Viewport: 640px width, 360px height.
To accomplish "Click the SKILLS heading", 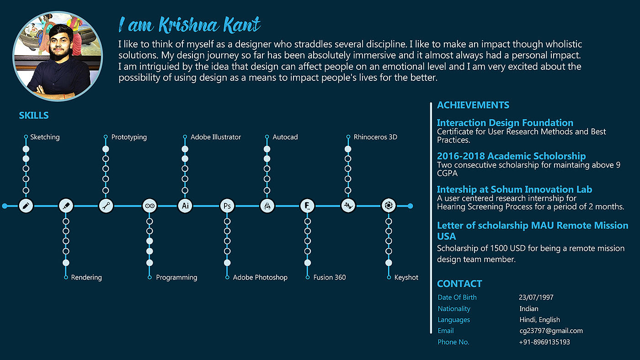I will click(33, 116).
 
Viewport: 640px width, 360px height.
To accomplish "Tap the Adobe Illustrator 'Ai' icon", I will click(185, 206).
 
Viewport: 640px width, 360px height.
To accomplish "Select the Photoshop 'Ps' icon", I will click(227, 206).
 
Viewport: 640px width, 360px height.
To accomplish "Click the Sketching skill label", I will click(45, 137).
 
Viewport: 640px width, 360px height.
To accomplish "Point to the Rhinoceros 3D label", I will click(375, 137).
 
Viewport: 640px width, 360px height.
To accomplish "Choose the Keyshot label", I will click(406, 277).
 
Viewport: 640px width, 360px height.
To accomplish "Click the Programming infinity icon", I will click(149, 206).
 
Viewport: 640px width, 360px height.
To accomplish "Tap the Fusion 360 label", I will click(329, 277).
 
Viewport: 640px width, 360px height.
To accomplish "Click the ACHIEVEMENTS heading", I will click(473, 105).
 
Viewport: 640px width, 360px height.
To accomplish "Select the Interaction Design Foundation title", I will click(505, 123).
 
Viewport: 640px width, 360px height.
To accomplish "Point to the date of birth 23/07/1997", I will click(536, 297).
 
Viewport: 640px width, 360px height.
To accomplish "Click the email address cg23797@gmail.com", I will click(551, 331).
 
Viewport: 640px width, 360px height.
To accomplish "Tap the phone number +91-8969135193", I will click(544, 342).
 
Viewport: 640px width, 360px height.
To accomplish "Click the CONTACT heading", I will click(459, 284).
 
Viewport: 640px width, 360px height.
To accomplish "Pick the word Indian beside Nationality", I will click(529, 309).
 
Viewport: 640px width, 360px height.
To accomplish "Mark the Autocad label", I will click(285, 137).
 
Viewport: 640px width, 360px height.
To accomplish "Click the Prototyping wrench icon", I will click(106, 206).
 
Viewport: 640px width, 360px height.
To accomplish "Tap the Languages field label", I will click(453, 320).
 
